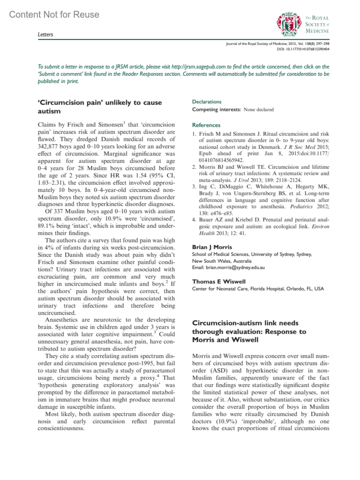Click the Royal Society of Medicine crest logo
289,24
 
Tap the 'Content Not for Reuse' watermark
54,14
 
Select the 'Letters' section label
45,34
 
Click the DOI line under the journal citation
303,49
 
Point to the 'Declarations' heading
207,102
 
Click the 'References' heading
206,125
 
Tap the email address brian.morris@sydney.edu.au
235,267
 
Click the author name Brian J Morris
212,247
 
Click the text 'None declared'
259,110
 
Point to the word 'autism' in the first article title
49,111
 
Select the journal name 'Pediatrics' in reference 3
301,207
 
